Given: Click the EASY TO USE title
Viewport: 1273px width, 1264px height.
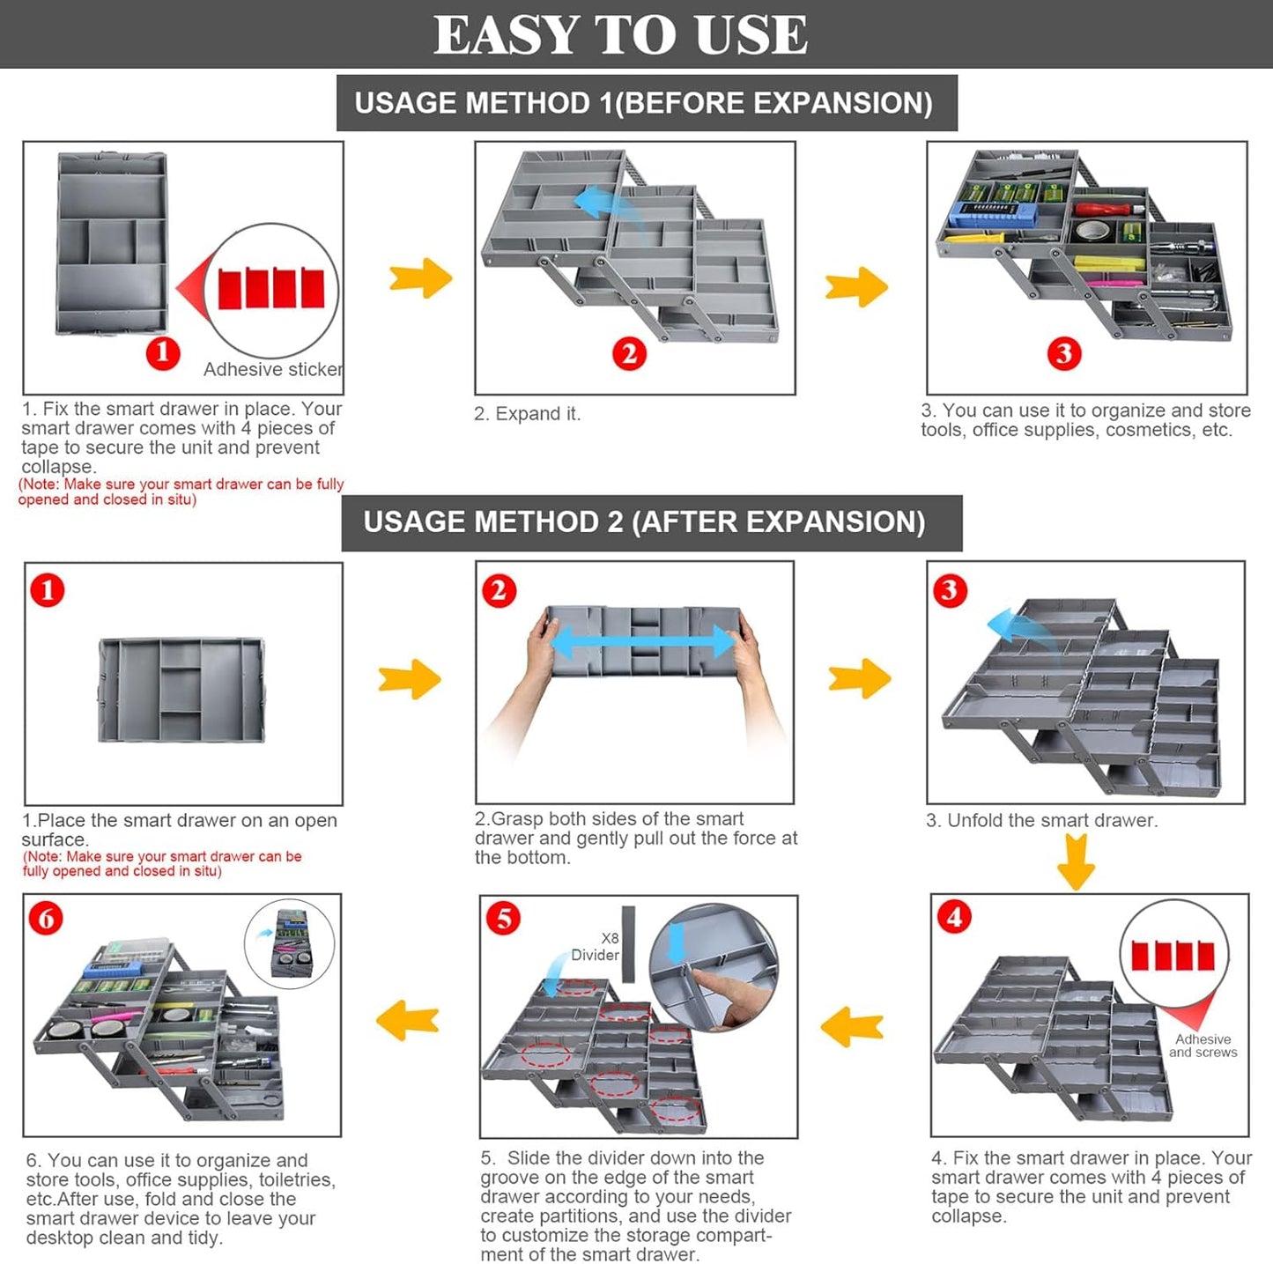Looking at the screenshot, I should (620, 35).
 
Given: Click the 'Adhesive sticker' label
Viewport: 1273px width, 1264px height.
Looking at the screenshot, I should (272, 370).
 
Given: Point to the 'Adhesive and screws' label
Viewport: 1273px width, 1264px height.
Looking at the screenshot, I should (1203, 1046).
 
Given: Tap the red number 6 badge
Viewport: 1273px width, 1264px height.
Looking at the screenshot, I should (46, 919).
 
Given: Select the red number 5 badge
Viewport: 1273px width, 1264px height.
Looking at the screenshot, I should (503, 919).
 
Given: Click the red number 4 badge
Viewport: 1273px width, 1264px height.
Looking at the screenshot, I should (954, 917).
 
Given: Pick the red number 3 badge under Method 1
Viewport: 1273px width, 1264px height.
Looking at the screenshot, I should (1064, 353).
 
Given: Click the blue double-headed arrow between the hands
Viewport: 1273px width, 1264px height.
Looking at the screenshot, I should (642, 641).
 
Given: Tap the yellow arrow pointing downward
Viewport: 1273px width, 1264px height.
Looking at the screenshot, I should (1076, 861).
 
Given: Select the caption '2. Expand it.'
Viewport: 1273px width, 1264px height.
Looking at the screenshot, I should (527, 414).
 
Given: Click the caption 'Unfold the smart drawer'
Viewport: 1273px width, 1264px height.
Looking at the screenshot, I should (1041, 821).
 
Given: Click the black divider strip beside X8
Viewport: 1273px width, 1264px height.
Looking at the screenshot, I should (628, 943).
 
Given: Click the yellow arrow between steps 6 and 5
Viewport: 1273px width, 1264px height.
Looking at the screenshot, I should (408, 1022).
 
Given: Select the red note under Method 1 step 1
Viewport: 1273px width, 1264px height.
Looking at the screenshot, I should (181, 492).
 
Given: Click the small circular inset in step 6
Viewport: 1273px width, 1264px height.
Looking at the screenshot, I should (289, 943).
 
